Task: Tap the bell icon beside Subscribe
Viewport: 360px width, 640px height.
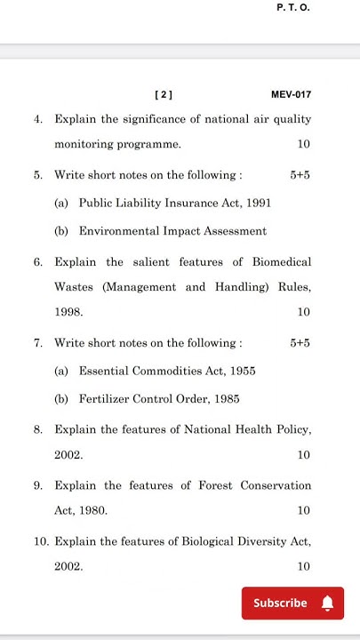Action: (x=327, y=604)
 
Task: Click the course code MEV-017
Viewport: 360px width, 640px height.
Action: (x=291, y=94)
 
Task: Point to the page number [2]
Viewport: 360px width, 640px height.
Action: (x=164, y=94)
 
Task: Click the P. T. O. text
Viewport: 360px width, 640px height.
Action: (x=293, y=8)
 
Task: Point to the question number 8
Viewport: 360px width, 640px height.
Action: (x=38, y=429)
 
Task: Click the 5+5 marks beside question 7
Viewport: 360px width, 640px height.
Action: (x=300, y=342)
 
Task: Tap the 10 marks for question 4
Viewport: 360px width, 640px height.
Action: (x=304, y=144)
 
